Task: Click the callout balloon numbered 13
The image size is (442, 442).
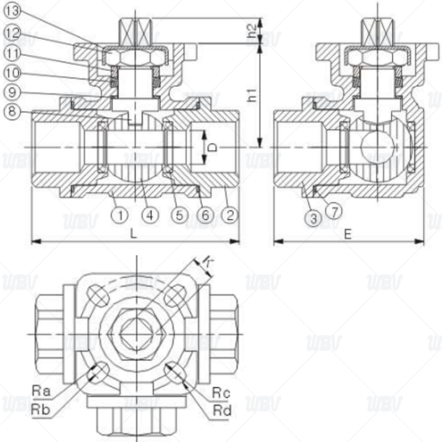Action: pos(13,11)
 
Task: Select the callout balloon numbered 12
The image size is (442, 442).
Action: pos(13,33)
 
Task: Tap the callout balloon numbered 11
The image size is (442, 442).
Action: pos(13,53)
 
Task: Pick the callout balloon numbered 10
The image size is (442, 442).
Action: pos(13,73)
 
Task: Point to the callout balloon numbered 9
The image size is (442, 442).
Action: pos(12,92)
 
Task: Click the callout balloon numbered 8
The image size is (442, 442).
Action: pos(12,111)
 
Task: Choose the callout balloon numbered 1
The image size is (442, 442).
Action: pos(120,215)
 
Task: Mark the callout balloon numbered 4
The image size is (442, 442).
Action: pos(150,215)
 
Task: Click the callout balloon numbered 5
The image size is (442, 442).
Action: pos(180,215)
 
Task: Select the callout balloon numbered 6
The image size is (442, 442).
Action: pos(206,215)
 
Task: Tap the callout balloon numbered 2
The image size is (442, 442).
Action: pos(230,215)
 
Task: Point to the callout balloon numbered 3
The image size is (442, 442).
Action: pos(313,219)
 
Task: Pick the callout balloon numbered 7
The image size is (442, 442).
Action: pos(334,212)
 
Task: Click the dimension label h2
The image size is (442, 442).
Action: pos(252,31)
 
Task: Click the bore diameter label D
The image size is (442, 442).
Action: pos(214,148)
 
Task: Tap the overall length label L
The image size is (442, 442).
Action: pos(133,234)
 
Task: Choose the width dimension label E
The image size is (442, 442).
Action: pos(348,234)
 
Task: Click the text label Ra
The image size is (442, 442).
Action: pos(41,391)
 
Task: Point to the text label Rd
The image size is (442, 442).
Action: pos(222,411)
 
